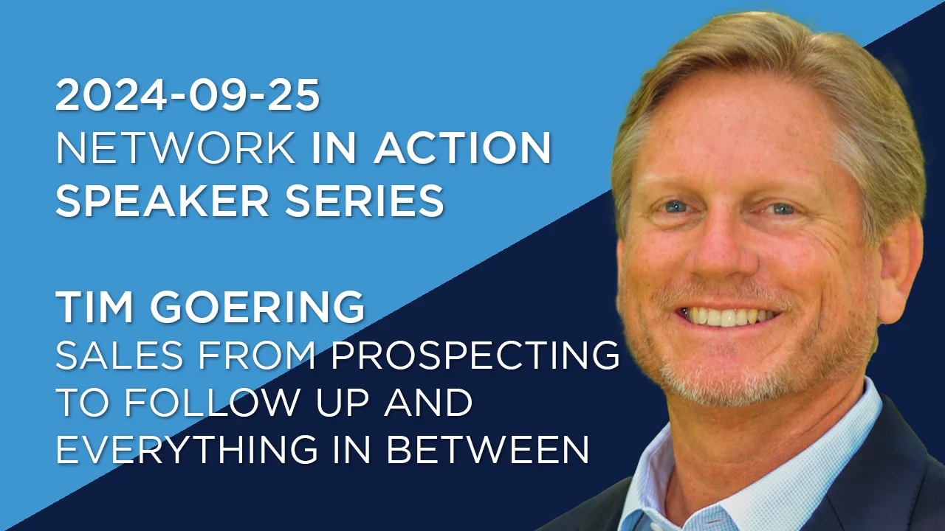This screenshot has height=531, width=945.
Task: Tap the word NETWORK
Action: (x=176, y=149)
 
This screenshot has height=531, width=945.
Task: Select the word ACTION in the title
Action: (x=462, y=149)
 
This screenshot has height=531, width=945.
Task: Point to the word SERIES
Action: (x=365, y=201)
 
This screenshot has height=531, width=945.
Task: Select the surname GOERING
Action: (x=258, y=307)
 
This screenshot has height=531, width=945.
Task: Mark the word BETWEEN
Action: (x=488, y=448)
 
